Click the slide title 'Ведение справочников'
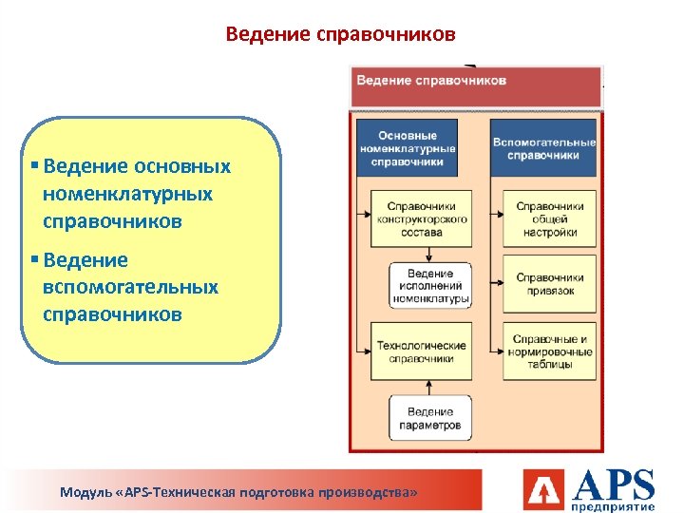(x=341, y=35)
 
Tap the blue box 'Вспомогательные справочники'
(x=543, y=148)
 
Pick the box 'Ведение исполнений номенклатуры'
(x=429, y=285)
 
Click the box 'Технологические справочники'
(x=421, y=351)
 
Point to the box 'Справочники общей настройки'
(x=549, y=218)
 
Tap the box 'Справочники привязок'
(x=549, y=284)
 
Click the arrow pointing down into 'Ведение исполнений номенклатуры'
(x=429, y=254)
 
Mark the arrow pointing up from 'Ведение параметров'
(x=429, y=386)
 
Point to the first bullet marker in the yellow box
(x=34, y=166)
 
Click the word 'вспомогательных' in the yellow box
(x=130, y=287)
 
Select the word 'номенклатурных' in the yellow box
(x=127, y=194)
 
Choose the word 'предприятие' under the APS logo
(x=615, y=507)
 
